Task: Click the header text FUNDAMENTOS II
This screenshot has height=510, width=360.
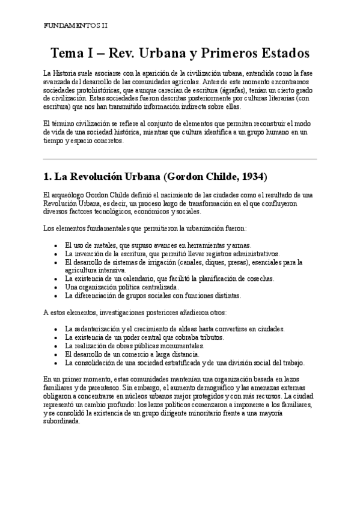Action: click(x=76, y=26)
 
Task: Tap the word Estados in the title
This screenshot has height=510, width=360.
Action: click(x=278, y=53)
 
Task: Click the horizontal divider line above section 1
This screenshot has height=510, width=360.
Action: click(x=180, y=159)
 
